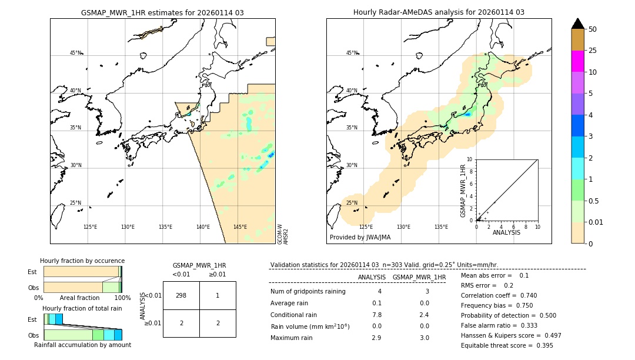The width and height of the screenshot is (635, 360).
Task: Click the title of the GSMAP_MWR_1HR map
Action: (162, 12)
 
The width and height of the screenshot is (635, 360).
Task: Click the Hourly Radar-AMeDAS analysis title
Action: (439, 12)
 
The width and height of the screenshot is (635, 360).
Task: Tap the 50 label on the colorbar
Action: (593, 29)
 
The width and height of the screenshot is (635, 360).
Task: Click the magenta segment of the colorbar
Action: (577, 61)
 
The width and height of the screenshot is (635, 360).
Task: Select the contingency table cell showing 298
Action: (181, 295)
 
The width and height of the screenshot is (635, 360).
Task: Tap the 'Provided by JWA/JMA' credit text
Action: (360, 237)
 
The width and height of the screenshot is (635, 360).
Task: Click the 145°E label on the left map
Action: (240, 227)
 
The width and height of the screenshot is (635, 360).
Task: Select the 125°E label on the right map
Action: (366, 227)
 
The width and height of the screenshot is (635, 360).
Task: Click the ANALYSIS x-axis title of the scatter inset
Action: (506, 232)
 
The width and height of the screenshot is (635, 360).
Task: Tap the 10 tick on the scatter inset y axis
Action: (469, 159)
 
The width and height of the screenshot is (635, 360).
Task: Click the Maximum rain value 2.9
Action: (377, 338)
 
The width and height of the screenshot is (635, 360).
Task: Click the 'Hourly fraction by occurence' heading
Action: (82, 261)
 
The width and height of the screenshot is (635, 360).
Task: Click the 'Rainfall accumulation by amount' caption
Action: (82, 345)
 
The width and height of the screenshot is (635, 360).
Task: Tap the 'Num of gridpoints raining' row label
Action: (308, 291)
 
